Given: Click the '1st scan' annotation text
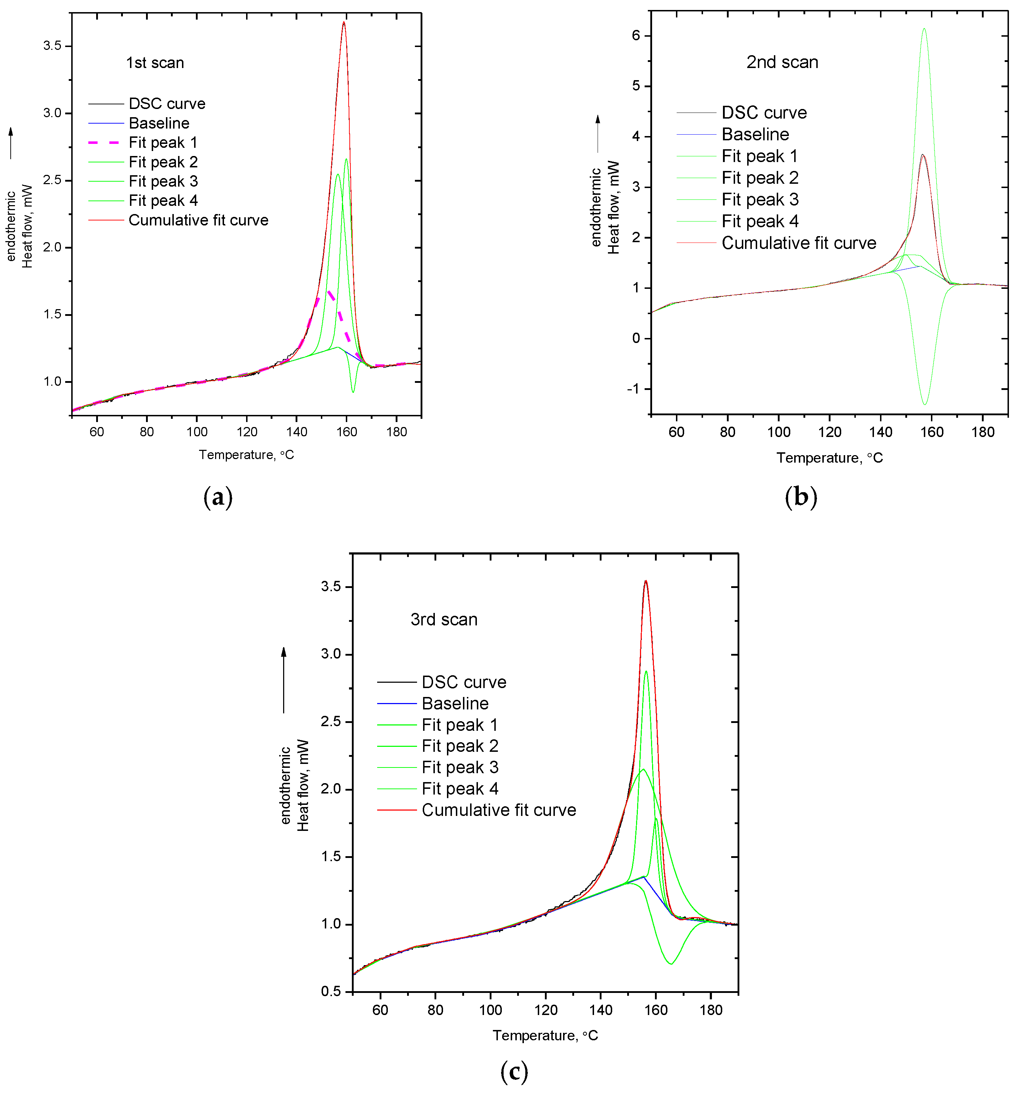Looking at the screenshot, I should coord(155,63).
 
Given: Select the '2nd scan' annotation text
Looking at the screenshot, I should coord(782,62).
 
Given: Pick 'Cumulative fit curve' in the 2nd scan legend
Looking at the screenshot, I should coord(798,243).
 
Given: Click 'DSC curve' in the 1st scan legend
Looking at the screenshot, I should coord(166,104).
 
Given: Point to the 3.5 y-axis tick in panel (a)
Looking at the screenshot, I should coord(52,46).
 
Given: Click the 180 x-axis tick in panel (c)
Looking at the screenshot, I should coord(711,1010).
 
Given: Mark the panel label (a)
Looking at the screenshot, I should coord(218,497).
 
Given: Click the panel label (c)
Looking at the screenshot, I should coord(514,1071).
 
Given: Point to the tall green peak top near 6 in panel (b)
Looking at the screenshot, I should coord(925,29).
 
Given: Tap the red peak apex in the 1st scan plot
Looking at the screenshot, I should coord(344,22).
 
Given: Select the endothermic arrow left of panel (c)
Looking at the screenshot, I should coord(284,680).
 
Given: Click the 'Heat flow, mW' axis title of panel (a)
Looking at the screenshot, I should coord(27,226).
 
